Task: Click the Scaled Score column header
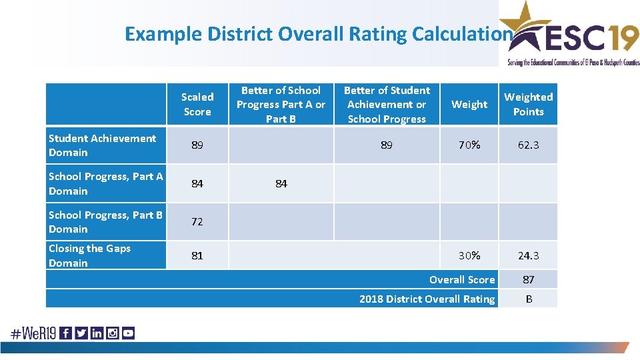pos(197,104)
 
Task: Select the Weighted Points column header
pos(528,104)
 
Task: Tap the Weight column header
pos(469,104)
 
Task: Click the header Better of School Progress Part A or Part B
pos(281,104)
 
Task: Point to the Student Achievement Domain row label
pos(102,145)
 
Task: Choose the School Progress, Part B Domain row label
pos(105,222)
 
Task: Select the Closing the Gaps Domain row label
pos(89,255)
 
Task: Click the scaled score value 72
pos(197,222)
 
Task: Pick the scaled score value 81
pos(197,255)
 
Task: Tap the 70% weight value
pos(469,145)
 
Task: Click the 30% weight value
pos(469,255)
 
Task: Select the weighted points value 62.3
pos(528,145)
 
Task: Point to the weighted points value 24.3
pos(528,255)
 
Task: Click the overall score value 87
pos(528,280)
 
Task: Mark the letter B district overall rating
pos(529,299)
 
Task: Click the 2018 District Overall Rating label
pos(427,299)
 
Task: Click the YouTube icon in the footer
pos(128,333)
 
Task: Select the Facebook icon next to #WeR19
pos(66,333)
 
